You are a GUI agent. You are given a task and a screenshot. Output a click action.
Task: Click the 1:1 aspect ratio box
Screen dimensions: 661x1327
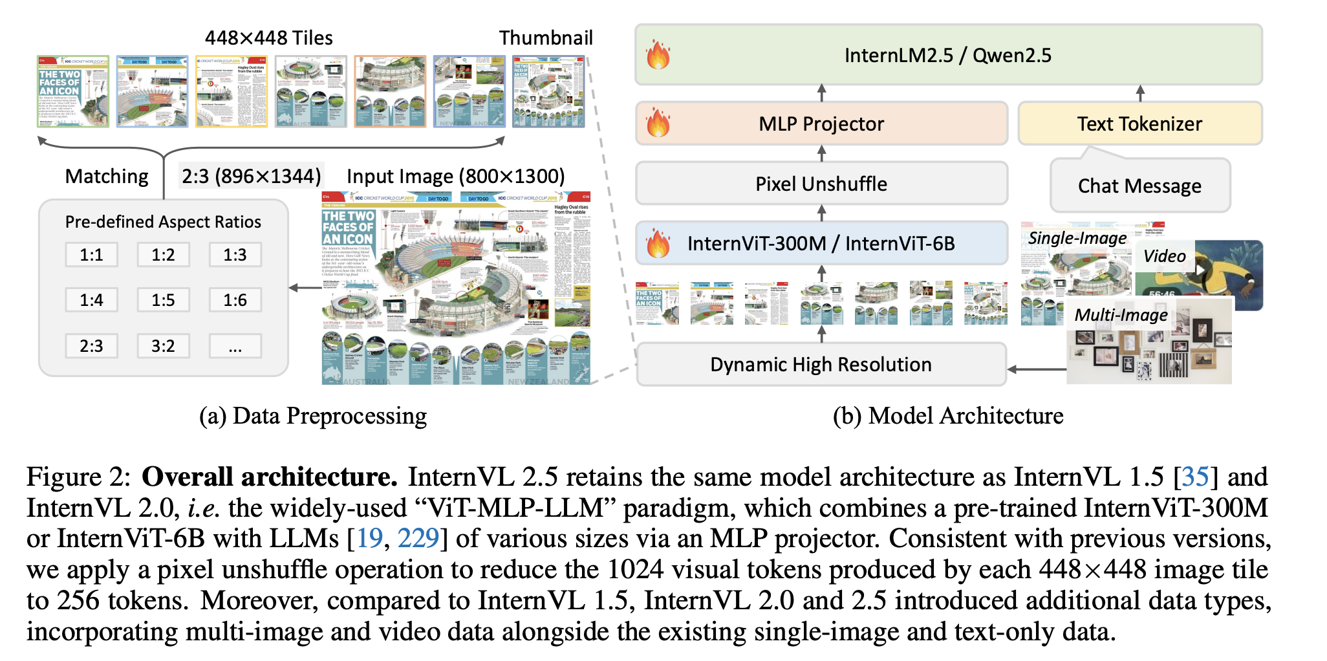(x=91, y=255)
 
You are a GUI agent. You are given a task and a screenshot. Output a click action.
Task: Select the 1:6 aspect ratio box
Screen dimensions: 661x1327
(x=235, y=300)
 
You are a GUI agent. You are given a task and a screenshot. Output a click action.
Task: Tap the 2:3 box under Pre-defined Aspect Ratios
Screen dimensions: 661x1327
(x=91, y=346)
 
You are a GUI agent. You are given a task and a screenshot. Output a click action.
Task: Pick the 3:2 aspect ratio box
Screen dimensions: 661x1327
(x=163, y=346)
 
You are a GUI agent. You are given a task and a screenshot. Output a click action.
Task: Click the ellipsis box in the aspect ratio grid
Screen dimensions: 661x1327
(x=235, y=346)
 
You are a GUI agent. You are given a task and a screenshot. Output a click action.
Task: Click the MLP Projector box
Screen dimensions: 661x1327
(x=821, y=124)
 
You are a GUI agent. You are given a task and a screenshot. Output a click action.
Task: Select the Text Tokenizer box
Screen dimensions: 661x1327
(x=1139, y=124)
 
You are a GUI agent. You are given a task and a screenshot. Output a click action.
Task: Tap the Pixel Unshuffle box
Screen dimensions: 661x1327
(x=821, y=184)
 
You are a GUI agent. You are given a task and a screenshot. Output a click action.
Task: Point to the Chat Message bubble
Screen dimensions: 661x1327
(x=1139, y=186)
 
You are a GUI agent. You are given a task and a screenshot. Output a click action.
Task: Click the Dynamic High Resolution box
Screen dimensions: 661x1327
(x=821, y=364)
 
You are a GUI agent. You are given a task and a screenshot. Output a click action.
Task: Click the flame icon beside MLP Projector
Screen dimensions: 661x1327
(x=658, y=123)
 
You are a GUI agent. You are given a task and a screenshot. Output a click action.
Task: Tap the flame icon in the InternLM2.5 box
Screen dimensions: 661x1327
(x=658, y=54)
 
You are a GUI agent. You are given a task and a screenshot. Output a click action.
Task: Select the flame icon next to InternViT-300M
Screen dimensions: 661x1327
(x=658, y=243)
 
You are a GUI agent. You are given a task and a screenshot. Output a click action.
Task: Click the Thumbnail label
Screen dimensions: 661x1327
(x=546, y=38)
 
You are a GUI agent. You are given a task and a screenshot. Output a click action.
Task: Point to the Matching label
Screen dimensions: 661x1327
(x=107, y=176)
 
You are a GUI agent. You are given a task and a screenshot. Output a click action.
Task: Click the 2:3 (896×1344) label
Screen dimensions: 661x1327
(x=252, y=176)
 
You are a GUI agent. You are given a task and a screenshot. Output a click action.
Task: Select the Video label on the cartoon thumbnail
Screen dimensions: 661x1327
(x=1164, y=256)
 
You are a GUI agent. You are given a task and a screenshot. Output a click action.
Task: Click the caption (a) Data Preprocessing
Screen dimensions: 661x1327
(x=313, y=416)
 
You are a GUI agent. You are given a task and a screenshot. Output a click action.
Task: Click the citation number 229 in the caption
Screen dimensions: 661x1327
(x=418, y=538)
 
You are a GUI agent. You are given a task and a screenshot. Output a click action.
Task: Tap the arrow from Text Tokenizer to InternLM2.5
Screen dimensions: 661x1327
(x=1140, y=93)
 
